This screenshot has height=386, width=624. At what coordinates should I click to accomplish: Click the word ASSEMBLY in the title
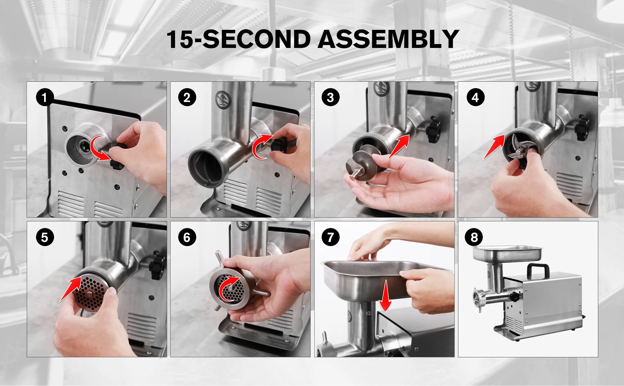[x=389, y=39]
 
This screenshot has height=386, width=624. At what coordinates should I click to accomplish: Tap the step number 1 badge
[x=45, y=97]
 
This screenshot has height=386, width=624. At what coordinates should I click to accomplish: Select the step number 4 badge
[x=475, y=97]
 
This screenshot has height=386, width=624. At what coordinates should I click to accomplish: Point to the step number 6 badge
[x=187, y=237]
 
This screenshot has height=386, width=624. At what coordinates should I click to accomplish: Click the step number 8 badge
[x=474, y=237]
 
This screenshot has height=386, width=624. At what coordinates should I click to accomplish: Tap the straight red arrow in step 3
[x=399, y=146]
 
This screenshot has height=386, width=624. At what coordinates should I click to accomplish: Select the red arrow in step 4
[x=494, y=147]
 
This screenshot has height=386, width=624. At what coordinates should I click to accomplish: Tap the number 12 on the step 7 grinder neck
[x=368, y=313]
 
